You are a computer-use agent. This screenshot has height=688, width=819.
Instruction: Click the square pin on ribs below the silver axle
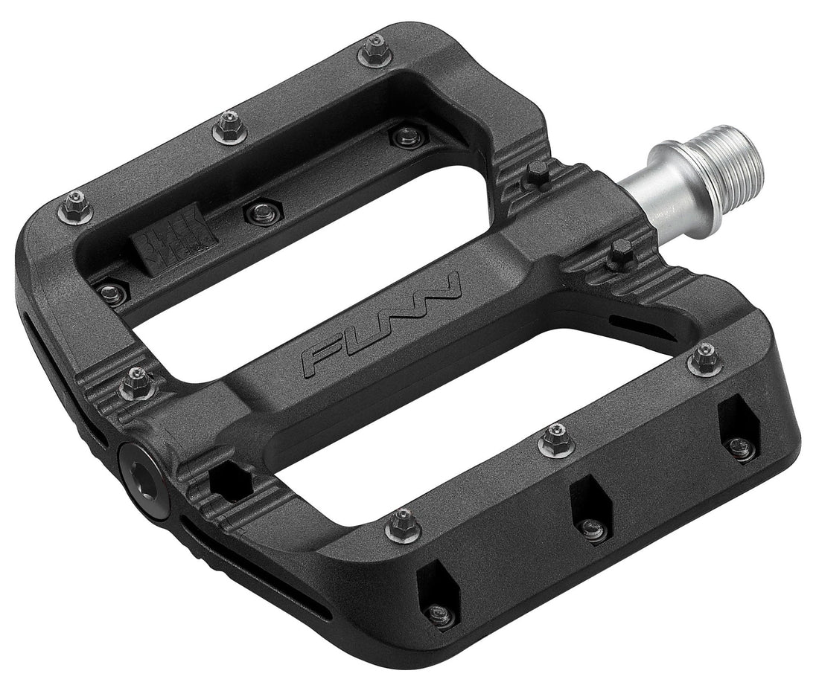[x=619, y=255]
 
